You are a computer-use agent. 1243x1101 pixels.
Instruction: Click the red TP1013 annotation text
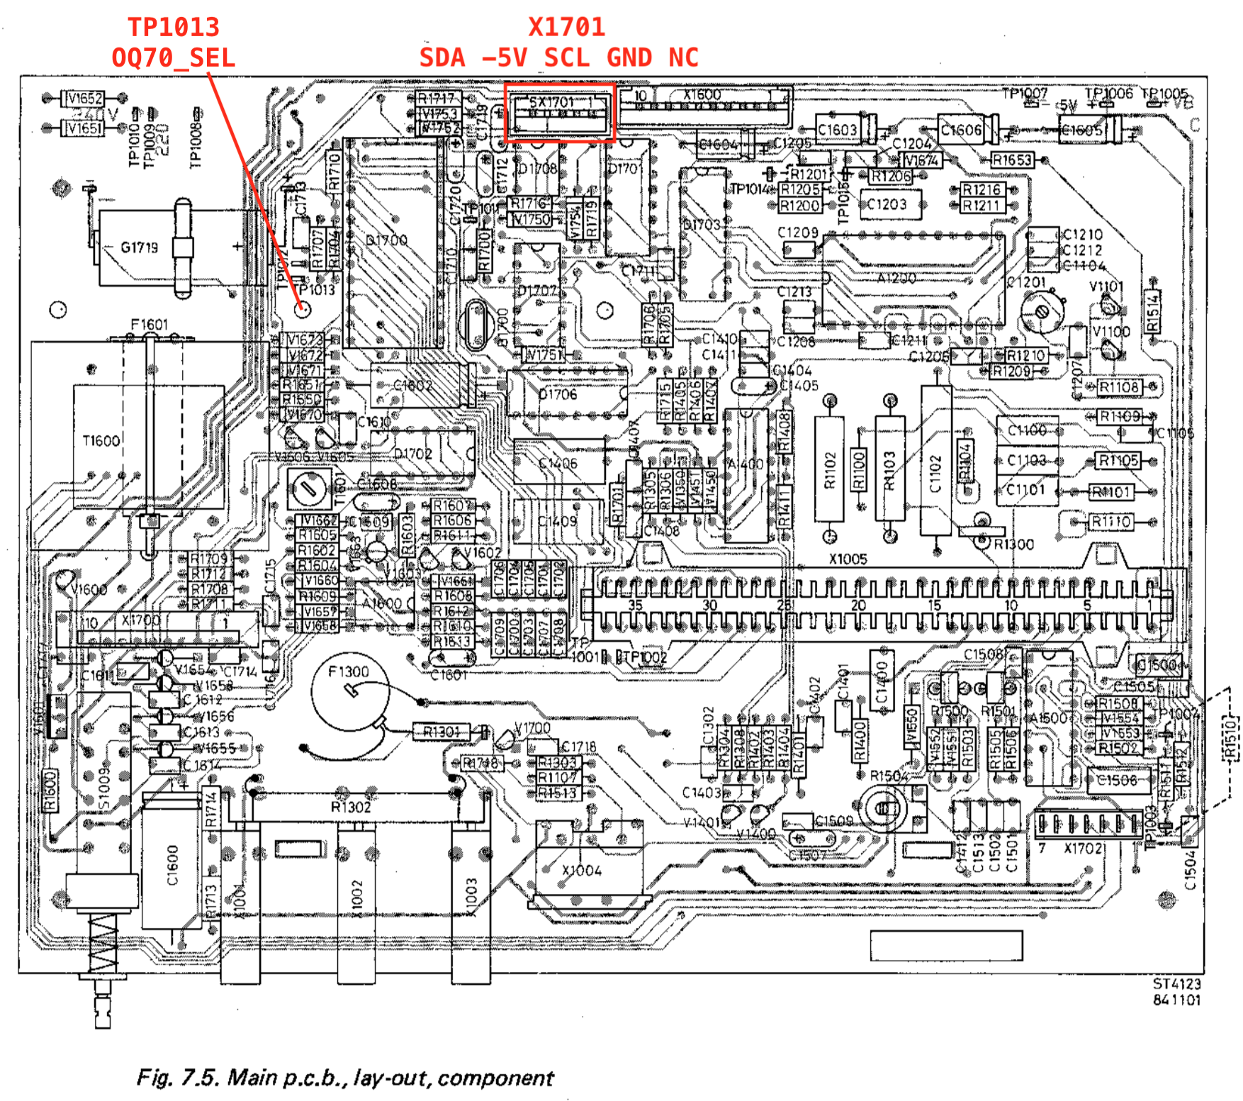tap(174, 27)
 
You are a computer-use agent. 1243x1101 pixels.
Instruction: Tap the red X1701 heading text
tap(566, 27)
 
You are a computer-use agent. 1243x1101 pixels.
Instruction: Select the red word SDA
tap(442, 57)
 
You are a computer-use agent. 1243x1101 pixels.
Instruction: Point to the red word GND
tap(629, 57)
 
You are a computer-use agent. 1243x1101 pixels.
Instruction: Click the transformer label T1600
tap(101, 441)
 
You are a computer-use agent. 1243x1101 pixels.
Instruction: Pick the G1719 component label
tap(139, 247)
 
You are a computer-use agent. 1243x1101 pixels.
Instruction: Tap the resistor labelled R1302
tap(351, 807)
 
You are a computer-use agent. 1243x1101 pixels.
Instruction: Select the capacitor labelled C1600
tap(172, 865)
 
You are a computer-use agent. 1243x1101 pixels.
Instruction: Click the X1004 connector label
tap(581, 870)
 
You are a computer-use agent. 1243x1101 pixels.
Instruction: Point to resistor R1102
tap(830, 471)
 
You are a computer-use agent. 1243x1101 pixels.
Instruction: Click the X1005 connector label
tap(848, 559)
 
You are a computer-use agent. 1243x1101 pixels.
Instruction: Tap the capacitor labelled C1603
tap(838, 130)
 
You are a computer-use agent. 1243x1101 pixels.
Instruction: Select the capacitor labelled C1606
tap(962, 130)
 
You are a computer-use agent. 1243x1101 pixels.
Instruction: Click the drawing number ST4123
tap(1176, 984)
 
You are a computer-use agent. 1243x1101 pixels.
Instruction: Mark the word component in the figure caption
tap(495, 1078)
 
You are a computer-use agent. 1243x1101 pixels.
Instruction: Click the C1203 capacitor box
tap(887, 204)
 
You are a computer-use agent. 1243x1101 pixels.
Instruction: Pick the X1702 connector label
tap(1083, 849)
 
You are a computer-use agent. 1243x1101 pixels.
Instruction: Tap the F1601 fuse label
tap(150, 325)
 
